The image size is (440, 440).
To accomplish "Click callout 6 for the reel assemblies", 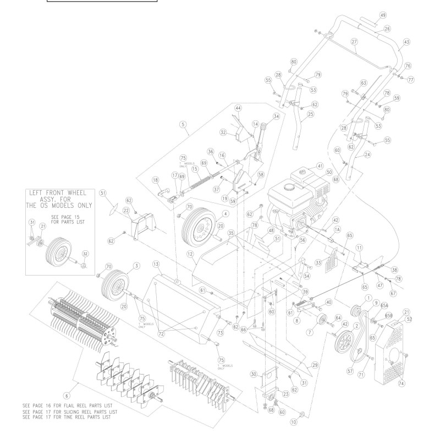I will [67, 395].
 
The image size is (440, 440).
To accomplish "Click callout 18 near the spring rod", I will [156, 180].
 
